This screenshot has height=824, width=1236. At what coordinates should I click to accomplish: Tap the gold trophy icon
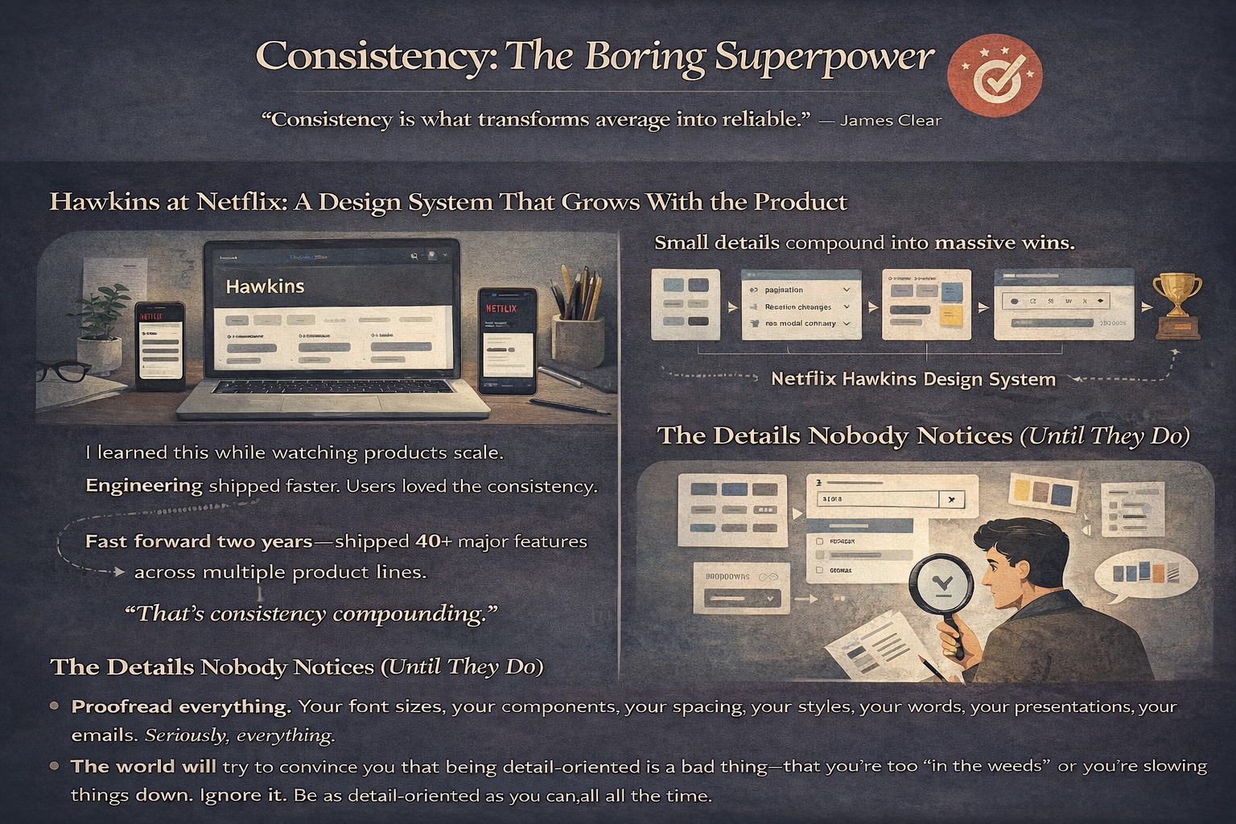[x=1177, y=303]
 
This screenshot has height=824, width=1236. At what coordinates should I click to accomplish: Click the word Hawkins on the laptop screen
[x=265, y=286]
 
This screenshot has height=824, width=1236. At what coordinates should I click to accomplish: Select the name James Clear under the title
[x=890, y=121]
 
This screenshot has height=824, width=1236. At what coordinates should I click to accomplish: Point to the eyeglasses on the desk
[x=64, y=372]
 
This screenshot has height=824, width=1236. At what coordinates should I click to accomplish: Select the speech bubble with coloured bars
[x=1140, y=575]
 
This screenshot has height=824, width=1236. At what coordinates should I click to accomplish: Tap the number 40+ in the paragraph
[x=434, y=542]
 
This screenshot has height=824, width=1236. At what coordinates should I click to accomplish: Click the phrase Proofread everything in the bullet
[x=181, y=707]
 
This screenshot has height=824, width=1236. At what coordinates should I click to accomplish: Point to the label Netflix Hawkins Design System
[x=913, y=379]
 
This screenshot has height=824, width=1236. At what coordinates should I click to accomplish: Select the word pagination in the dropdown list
[x=784, y=290]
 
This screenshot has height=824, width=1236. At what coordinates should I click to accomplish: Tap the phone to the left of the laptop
[x=159, y=344]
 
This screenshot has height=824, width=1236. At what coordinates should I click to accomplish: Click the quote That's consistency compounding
[x=311, y=614]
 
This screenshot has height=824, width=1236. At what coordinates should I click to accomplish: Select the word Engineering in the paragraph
[x=144, y=485]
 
